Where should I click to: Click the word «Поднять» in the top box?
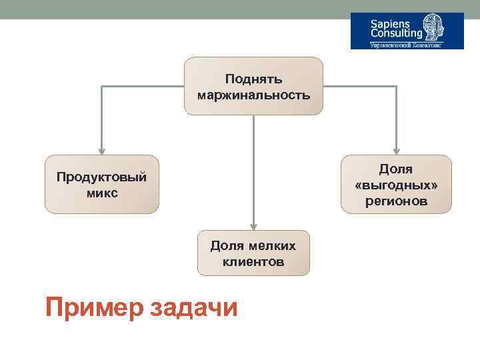tap(253, 79)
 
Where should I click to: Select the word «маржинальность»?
tap(253, 95)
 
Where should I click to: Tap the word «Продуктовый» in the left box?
tap(102, 177)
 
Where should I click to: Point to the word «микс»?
tap(102, 193)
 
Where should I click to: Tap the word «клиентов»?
tap(253, 262)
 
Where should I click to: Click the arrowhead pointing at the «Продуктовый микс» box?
tap(101, 151)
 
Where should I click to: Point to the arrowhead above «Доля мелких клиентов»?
tap(253, 226)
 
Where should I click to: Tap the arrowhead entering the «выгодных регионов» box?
tap(396, 151)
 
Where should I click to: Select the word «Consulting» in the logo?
tap(396, 33)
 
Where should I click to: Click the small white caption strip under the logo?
tap(407, 45)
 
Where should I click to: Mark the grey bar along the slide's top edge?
tap(240, 9)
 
